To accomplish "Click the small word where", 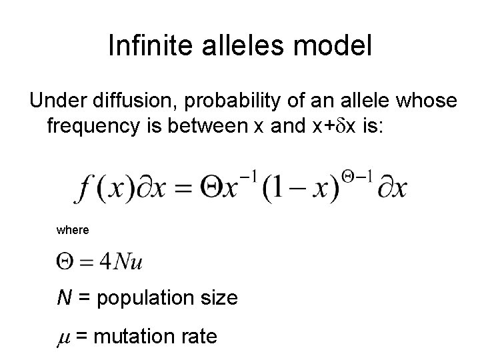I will pos(73,230).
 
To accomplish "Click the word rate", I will pos(199,337).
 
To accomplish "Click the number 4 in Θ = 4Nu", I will pos(104,261).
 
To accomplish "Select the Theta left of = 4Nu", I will pos(65,261).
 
